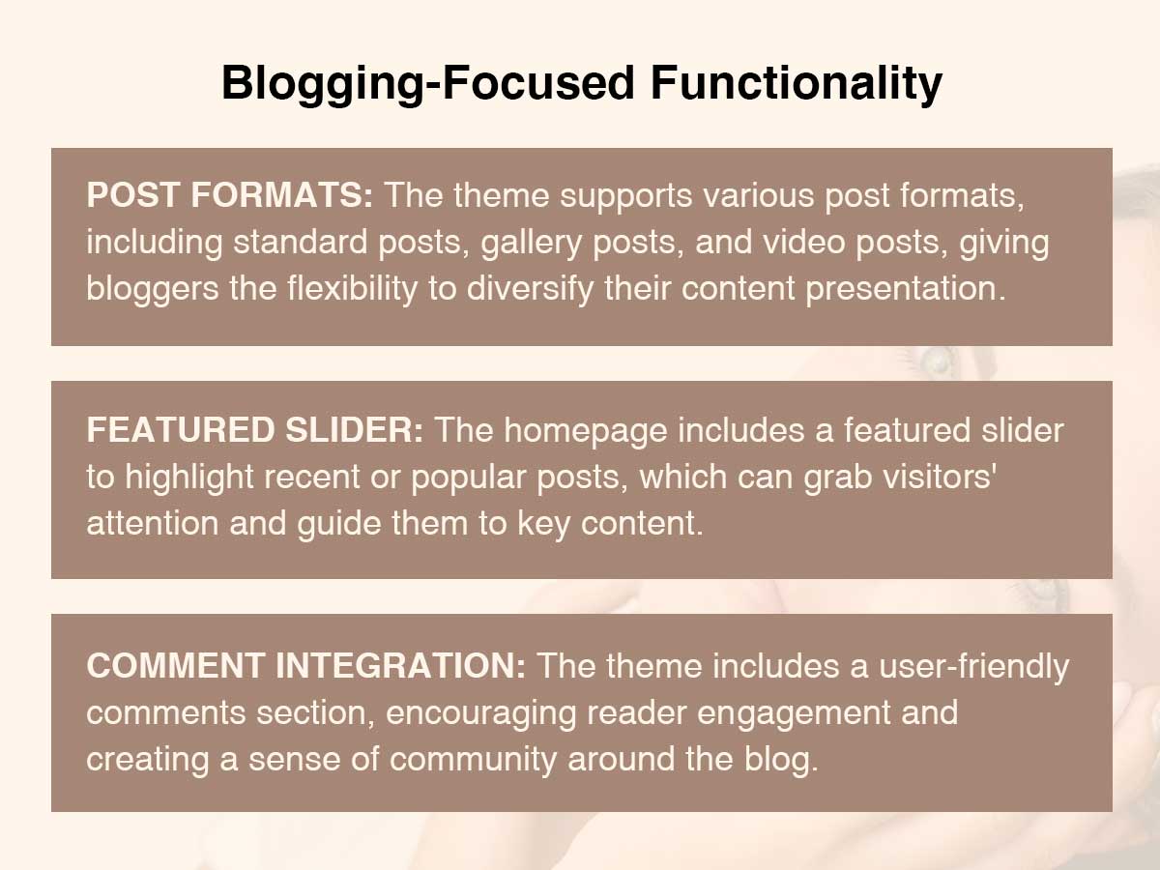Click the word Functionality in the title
797,83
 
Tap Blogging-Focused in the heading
428,84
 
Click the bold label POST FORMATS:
230,195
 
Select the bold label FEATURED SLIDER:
255,429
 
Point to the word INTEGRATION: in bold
400,665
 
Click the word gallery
531,243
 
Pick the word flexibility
353,289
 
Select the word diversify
530,289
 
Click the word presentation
906,289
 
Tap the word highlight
189,478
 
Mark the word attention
153,524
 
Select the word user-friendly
974,667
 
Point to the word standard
301,242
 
